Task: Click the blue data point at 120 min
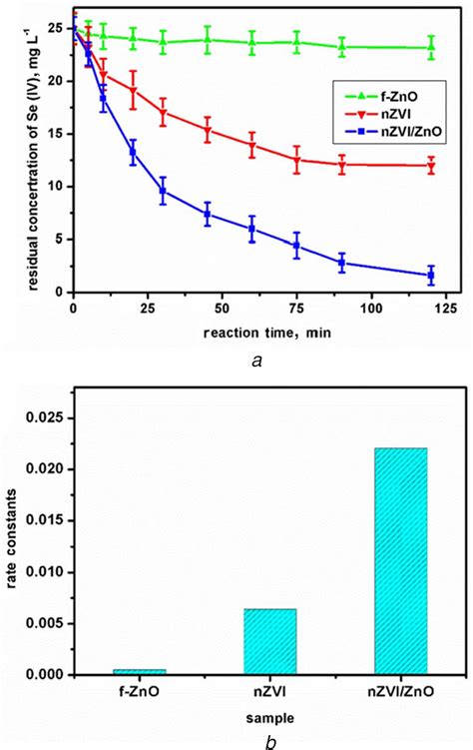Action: tap(431, 275)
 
